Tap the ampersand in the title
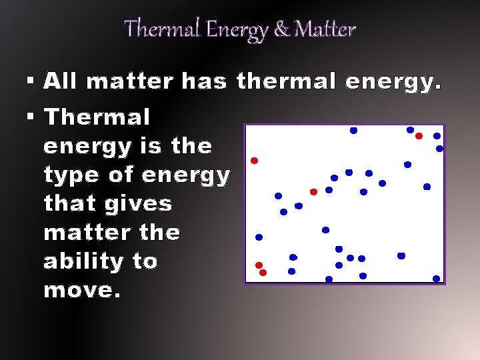[282, 29]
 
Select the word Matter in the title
[325, 29]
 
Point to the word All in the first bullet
[61, 81]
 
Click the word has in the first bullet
[204, 81]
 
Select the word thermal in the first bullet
[286, 81]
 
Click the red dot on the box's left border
[254, 161]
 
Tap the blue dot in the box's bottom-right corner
[436, 279]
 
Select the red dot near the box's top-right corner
[419, 136]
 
